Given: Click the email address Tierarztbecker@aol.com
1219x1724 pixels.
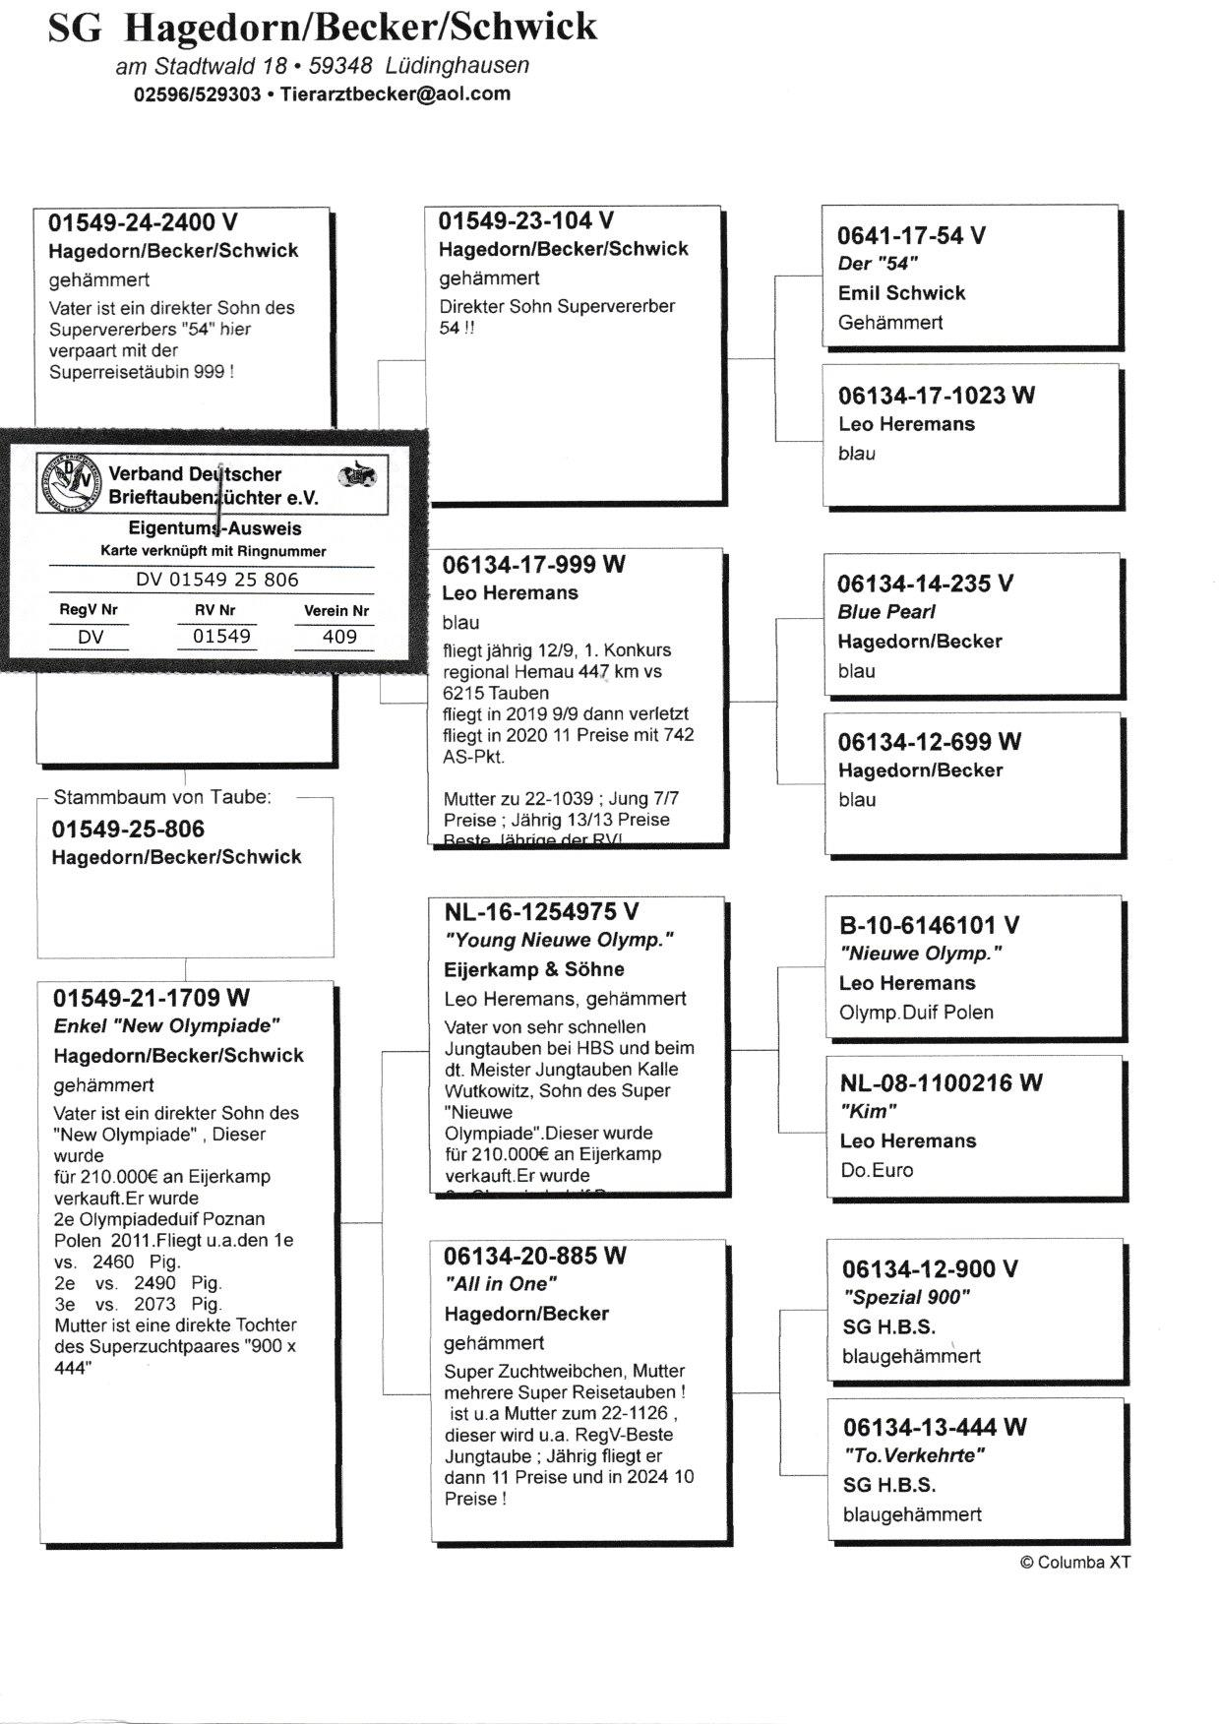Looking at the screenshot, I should tap(396, 94).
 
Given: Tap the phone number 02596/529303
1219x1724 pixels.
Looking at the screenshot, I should tap(197, 94).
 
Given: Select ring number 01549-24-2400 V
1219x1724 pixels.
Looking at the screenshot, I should tap(143, 222).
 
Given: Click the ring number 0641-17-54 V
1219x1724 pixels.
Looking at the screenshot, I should tap(911, 235).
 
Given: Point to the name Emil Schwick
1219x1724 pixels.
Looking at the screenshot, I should tap(901, 293).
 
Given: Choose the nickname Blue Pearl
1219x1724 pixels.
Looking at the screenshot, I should tap(886, 612).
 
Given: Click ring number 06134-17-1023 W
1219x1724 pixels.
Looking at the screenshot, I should tap(936, 396).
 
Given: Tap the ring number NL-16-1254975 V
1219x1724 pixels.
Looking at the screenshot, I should tap(541, 912).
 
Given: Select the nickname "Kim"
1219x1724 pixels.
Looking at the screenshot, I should tap(869, 1112).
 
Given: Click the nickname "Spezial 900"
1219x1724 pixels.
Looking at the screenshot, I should tap(906, 1297).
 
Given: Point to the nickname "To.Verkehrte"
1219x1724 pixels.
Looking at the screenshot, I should tap(914, 1455).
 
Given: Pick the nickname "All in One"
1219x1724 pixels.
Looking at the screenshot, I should tap(501, 1284).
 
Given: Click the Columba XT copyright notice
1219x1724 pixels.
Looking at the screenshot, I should tap(1075, 1562).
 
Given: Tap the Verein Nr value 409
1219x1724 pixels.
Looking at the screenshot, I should tap(339, 637).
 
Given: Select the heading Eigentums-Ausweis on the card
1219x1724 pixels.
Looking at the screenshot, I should tap(214, 528).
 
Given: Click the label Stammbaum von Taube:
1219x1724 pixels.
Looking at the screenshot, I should tap(162, 797).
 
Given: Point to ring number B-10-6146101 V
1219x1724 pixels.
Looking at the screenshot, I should tap(929, 925).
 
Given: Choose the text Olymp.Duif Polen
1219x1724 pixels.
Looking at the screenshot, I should tap(916, 1013).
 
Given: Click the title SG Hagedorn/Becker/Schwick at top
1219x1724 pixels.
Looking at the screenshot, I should tap(322, 27).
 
